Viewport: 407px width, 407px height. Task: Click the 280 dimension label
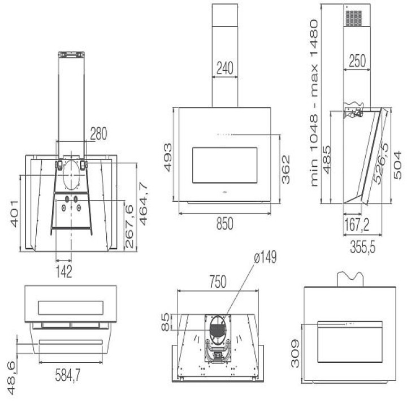pyautogui.click(x=98, y=134)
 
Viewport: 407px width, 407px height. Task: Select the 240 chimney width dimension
pyautogui.click(x=224, y=68)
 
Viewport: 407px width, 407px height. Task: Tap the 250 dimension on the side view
pyautogui.click(x=357, y=61)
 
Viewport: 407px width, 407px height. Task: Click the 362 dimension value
pyautogui.click(x=287, y=168)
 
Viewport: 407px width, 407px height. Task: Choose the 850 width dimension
pyautogui.click(x=224, y=224)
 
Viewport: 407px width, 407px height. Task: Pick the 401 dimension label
pyautogui.click(x=15, y=213)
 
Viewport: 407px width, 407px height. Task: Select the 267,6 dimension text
pyautogui.click(x=129, y=226)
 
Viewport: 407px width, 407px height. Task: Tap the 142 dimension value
pyautogui.click(x=64, y=272)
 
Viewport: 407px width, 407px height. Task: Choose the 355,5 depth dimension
pyautogui.click(x=362, y=246)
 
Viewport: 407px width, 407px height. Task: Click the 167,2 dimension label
pyautogui.click(x=357, y=226)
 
